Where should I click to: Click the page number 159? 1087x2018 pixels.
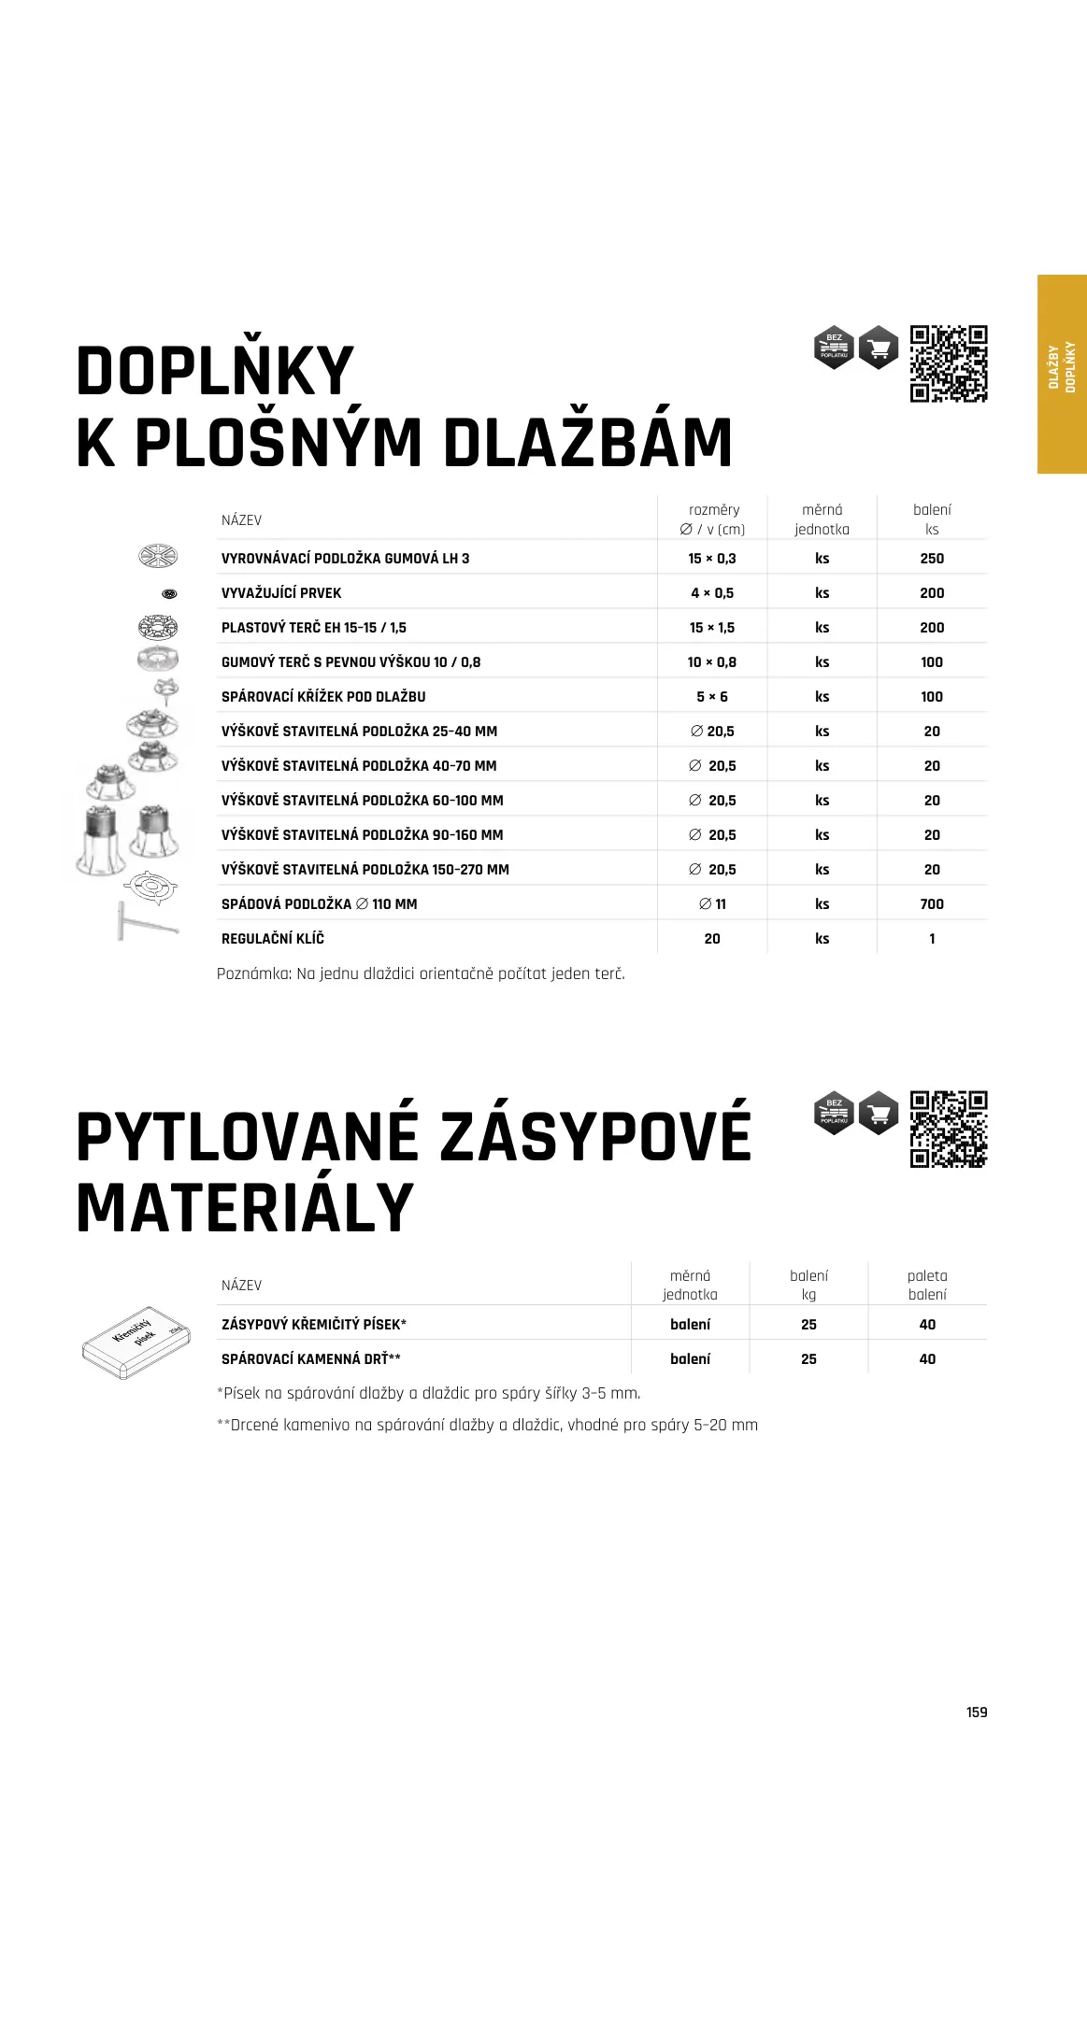point(977,1712)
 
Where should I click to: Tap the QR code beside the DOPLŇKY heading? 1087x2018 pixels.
point(949,363)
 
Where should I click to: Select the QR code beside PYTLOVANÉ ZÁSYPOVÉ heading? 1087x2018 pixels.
point(949,1129)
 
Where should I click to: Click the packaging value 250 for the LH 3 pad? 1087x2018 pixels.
point(932,559)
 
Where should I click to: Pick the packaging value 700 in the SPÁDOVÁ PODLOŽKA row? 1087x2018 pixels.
point(932,904)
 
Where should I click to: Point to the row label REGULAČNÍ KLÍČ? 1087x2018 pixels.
point(273,939)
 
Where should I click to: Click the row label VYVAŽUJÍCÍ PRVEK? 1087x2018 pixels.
point(281,593)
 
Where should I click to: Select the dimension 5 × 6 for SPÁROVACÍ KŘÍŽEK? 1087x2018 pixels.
point(712,697)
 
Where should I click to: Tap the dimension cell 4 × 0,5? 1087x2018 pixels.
point(712,593)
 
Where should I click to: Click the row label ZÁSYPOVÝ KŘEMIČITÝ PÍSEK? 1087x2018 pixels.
point(314,1325)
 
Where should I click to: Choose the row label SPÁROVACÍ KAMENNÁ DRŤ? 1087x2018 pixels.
point(311,1359)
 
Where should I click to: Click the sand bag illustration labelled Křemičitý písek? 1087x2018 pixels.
point(136,1342)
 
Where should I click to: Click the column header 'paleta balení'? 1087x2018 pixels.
point(927,1285)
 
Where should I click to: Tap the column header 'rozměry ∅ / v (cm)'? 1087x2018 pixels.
point(713,519)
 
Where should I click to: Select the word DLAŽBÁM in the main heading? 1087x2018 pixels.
point(588,443)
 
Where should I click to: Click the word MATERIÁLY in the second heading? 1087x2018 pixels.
point(245,1208)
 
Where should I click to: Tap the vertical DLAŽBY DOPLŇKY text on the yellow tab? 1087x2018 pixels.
point(1062,366)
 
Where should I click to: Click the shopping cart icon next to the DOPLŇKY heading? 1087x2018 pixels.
point(879,348)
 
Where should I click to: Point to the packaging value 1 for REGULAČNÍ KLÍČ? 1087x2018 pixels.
point(932,939)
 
